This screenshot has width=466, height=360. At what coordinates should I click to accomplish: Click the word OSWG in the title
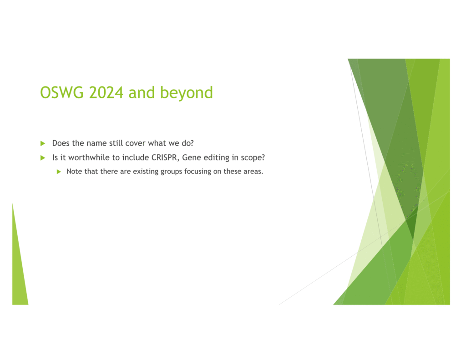tap(62, 92)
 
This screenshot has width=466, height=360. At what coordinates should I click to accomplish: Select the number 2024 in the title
tap(106, 92)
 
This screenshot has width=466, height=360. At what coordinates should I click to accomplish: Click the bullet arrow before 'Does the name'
tap(43, 143)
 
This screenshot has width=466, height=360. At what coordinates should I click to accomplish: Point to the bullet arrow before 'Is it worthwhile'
tap(43, 158)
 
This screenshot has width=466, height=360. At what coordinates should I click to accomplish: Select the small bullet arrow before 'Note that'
tap(59, 172)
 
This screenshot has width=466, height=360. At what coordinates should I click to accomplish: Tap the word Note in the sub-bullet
tap(74, 172)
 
